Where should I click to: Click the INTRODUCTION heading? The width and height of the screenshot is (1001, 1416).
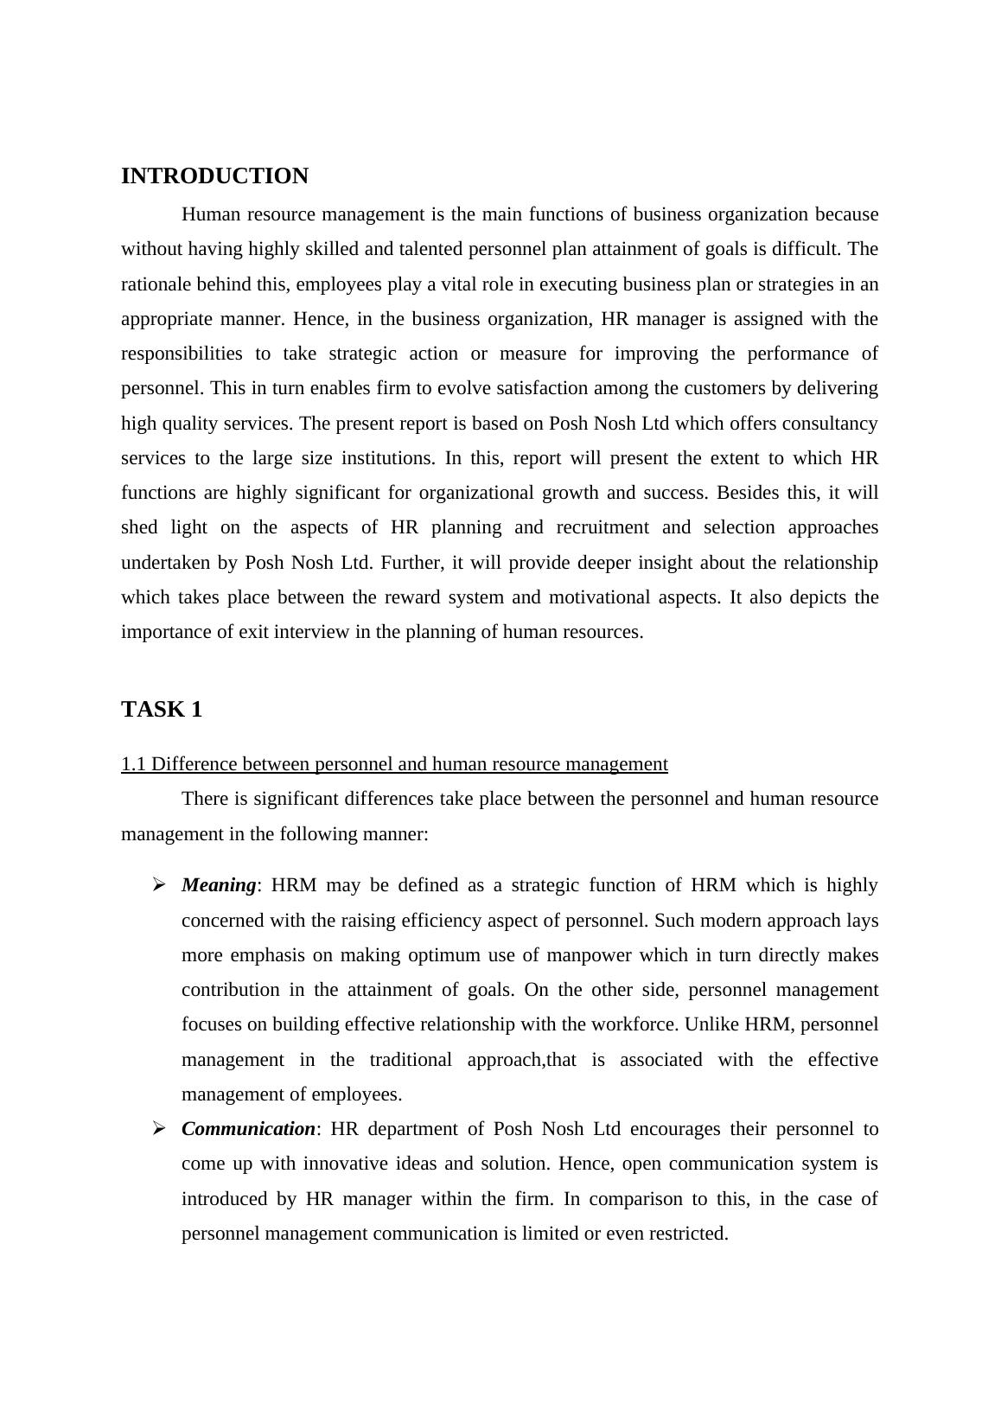point(214,176)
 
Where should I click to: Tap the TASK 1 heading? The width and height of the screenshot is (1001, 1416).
point(162,710)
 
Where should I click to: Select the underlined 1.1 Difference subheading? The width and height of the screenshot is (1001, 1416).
point(394,764)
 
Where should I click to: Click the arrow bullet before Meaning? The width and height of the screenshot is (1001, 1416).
point(159,884)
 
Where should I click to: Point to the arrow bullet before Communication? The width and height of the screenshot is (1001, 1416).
point(159,1128)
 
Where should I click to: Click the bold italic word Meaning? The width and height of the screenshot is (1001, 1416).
point(219,885)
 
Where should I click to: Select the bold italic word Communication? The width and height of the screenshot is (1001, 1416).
point(248,1129)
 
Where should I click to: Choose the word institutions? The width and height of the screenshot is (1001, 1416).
point(387,458)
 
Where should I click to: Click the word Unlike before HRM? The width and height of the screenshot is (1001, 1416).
point(711,1024)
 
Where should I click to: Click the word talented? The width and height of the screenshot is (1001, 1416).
point(422,249)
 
